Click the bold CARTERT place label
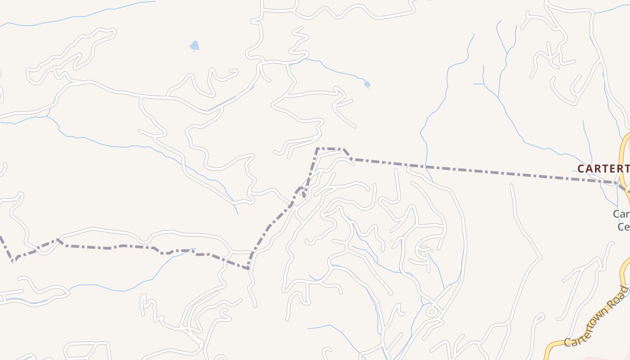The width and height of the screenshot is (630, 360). coord(603,169)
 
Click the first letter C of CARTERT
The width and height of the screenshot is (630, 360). coord(581,169)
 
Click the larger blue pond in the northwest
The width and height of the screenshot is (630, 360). coord(194,45)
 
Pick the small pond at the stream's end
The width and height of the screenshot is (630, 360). coord(367,84)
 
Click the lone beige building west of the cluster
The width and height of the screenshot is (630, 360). coord(391,241)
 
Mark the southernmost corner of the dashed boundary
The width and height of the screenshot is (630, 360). coord(248,269)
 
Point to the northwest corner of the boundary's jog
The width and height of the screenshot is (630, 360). coord(318,148)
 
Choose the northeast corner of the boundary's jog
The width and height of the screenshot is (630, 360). coord(344,149)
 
